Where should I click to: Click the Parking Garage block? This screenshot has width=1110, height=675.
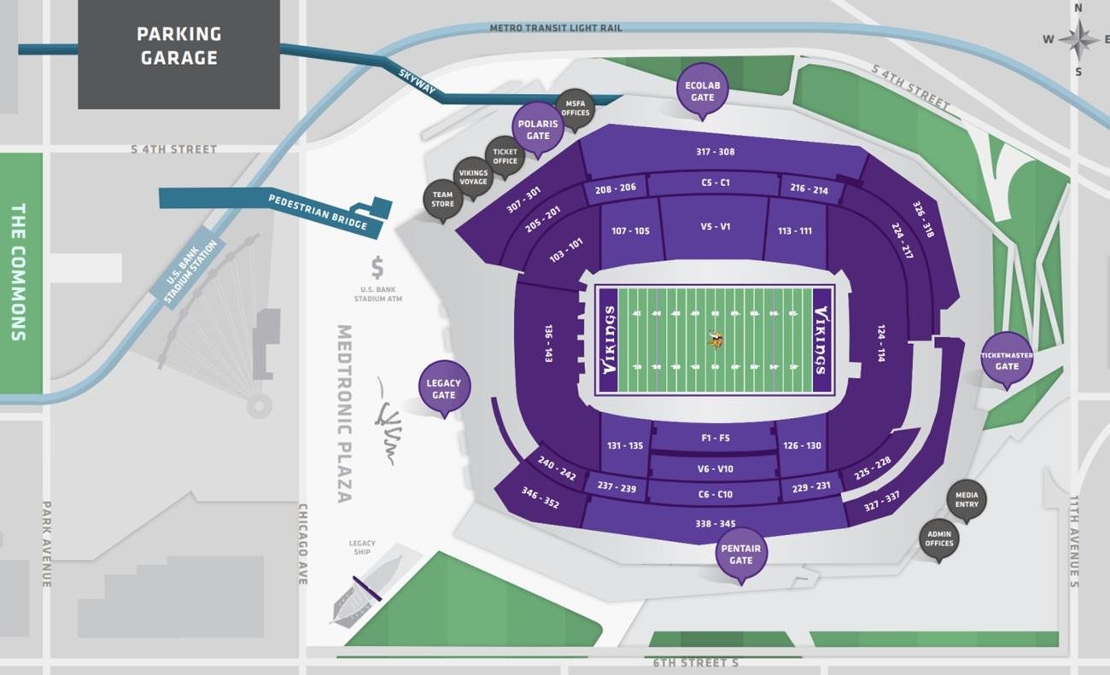click(178, 54)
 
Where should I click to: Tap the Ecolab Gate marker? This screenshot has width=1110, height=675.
click(702, 89)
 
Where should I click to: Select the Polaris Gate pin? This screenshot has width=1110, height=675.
click(538, 128)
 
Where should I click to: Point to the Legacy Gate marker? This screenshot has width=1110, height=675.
click(444, 388)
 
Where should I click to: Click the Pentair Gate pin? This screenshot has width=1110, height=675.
click(740, 554)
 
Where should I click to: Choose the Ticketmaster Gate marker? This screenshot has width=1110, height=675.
click(1007, 358)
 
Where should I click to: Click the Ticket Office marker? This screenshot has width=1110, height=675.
click(505, 156)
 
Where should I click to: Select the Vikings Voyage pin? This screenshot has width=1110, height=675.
click(473, 177)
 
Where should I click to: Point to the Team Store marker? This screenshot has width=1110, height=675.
click(442, 200)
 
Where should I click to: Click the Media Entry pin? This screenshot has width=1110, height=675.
click(967, 500)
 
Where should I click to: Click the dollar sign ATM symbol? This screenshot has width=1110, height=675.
click(377, 269)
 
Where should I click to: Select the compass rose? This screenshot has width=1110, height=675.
click(1078, 38)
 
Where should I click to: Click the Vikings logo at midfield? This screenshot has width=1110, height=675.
click(716, 340)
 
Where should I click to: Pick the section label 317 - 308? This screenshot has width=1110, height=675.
click(715, 152)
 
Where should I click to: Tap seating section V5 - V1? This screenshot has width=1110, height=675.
click(715, 227)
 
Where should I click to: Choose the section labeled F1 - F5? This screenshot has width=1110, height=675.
click(715, 438)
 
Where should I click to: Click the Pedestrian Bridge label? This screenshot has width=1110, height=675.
click(318, 212)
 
